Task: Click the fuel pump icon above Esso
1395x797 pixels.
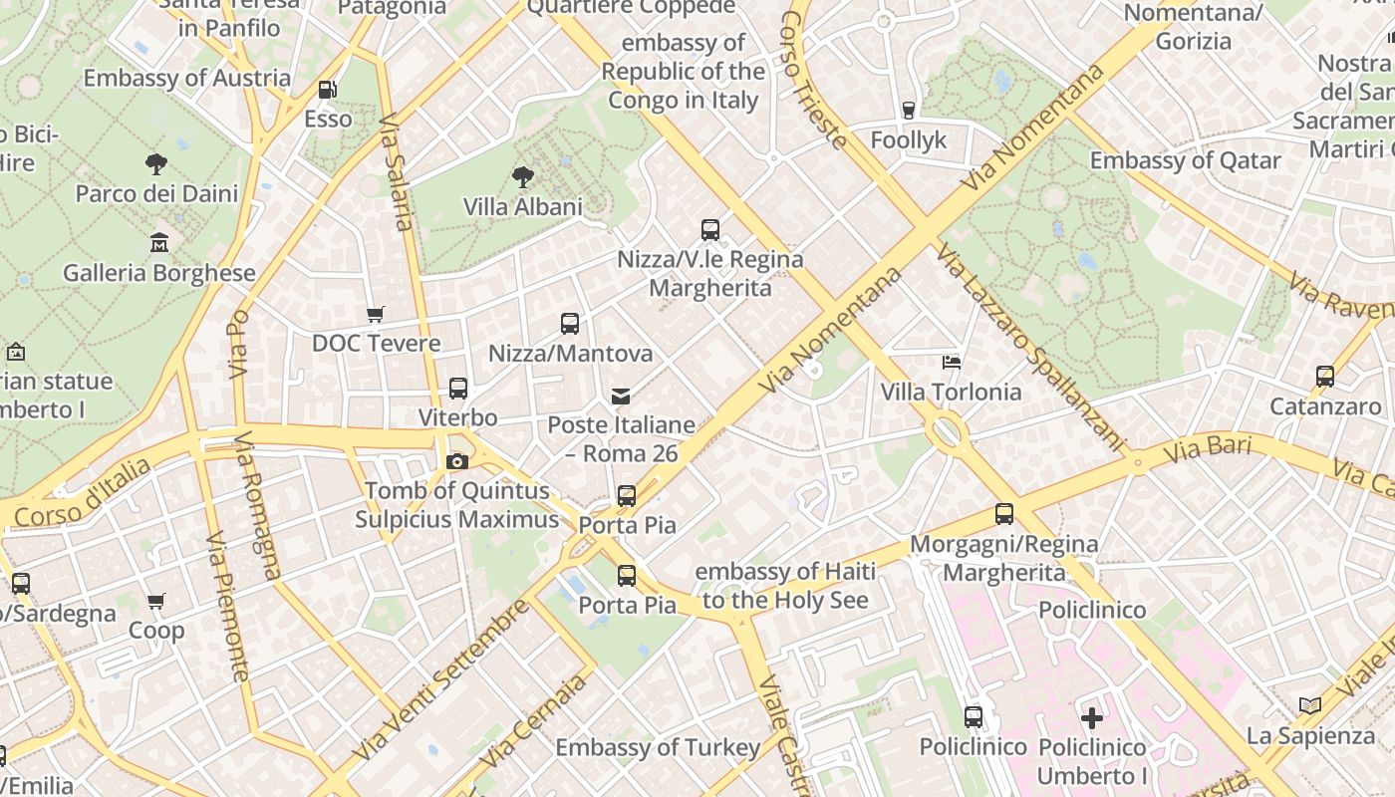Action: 327,90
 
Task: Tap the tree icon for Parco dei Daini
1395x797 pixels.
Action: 156,164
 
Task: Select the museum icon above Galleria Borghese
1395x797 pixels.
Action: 158,243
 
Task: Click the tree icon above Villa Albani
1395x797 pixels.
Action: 522,177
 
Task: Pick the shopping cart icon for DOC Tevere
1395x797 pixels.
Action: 376,315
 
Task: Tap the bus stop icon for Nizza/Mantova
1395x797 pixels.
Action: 570,324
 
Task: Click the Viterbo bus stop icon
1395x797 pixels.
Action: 458,389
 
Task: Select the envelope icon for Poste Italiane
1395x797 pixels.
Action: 622,397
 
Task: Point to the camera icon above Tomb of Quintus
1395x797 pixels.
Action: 457,461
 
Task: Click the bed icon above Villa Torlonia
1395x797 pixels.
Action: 952,363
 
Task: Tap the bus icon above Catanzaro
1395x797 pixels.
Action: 1325,377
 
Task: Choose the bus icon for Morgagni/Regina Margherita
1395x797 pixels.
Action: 1004,515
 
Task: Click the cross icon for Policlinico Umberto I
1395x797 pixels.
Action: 1092,717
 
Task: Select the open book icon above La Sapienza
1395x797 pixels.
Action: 1310,706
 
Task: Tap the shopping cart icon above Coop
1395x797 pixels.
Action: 156,602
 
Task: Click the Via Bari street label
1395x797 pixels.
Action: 1207,449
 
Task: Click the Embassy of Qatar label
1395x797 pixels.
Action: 1185,160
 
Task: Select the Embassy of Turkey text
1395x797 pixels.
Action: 658,747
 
